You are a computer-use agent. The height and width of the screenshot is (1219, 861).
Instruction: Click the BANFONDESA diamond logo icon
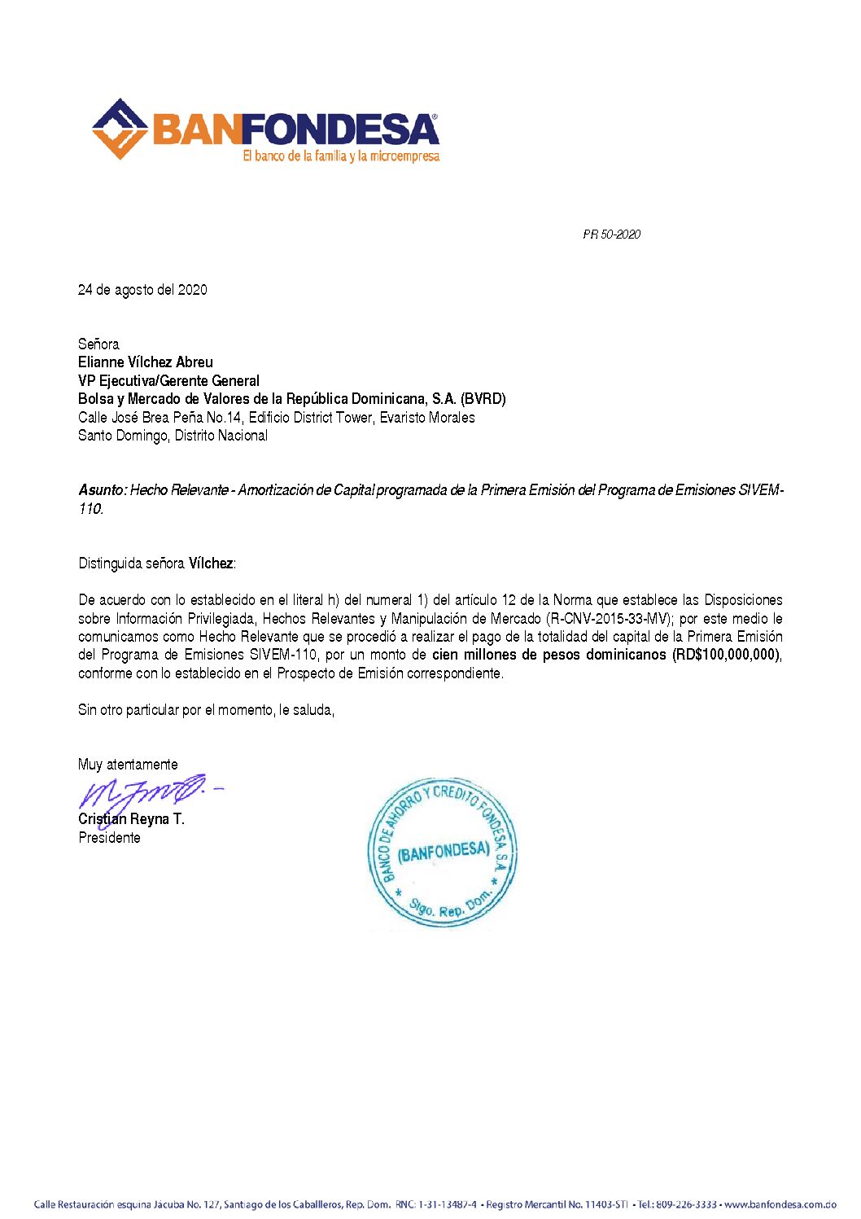pyautogui.click(x=120, y=129)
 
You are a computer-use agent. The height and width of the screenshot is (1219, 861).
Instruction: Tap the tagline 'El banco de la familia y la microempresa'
pyautogui.click(x=341, y=156)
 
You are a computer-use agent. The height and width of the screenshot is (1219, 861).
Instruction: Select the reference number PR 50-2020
pyautogui.click(x=611, y=235)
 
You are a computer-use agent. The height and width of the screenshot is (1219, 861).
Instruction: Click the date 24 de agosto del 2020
pyautogui.click(x=142, y=290)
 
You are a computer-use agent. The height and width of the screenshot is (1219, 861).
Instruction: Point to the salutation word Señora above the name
pyautogui.click(x=98, y=344)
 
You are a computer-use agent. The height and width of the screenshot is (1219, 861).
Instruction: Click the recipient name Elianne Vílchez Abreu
pyautogui.click(x=146, y=362)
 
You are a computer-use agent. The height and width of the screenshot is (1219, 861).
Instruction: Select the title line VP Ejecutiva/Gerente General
pyautogui.click(x=168, y=380)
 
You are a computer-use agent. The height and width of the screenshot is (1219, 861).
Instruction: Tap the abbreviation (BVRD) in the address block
pyautogui.click(x=483, y=399)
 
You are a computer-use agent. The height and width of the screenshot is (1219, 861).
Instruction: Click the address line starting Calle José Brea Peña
pyautogui.click(x=276, y=418)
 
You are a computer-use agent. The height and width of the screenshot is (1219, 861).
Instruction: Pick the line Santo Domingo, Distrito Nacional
pyautogui.click(x=173, y=436)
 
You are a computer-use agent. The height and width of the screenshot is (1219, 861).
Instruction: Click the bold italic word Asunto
pyautogui.click(x=101, y=490)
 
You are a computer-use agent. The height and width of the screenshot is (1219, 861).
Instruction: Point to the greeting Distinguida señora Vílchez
pyautogui.click(x=156, y=563)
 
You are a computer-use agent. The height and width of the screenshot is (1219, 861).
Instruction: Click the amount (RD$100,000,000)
pyautogui.click(x=726, y=655)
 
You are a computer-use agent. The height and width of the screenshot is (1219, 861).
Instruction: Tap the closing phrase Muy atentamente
pyautogui.click(x=128, y=765)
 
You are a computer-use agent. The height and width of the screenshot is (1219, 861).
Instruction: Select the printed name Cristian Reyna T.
pyautogui.click(x=131, y=819)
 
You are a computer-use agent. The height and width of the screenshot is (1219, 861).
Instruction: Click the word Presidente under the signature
pyautogui.click(x=109, y=838)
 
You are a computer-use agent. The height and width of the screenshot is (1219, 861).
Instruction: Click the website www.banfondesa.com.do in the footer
pyautogui.click(x=780, y=1204)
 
